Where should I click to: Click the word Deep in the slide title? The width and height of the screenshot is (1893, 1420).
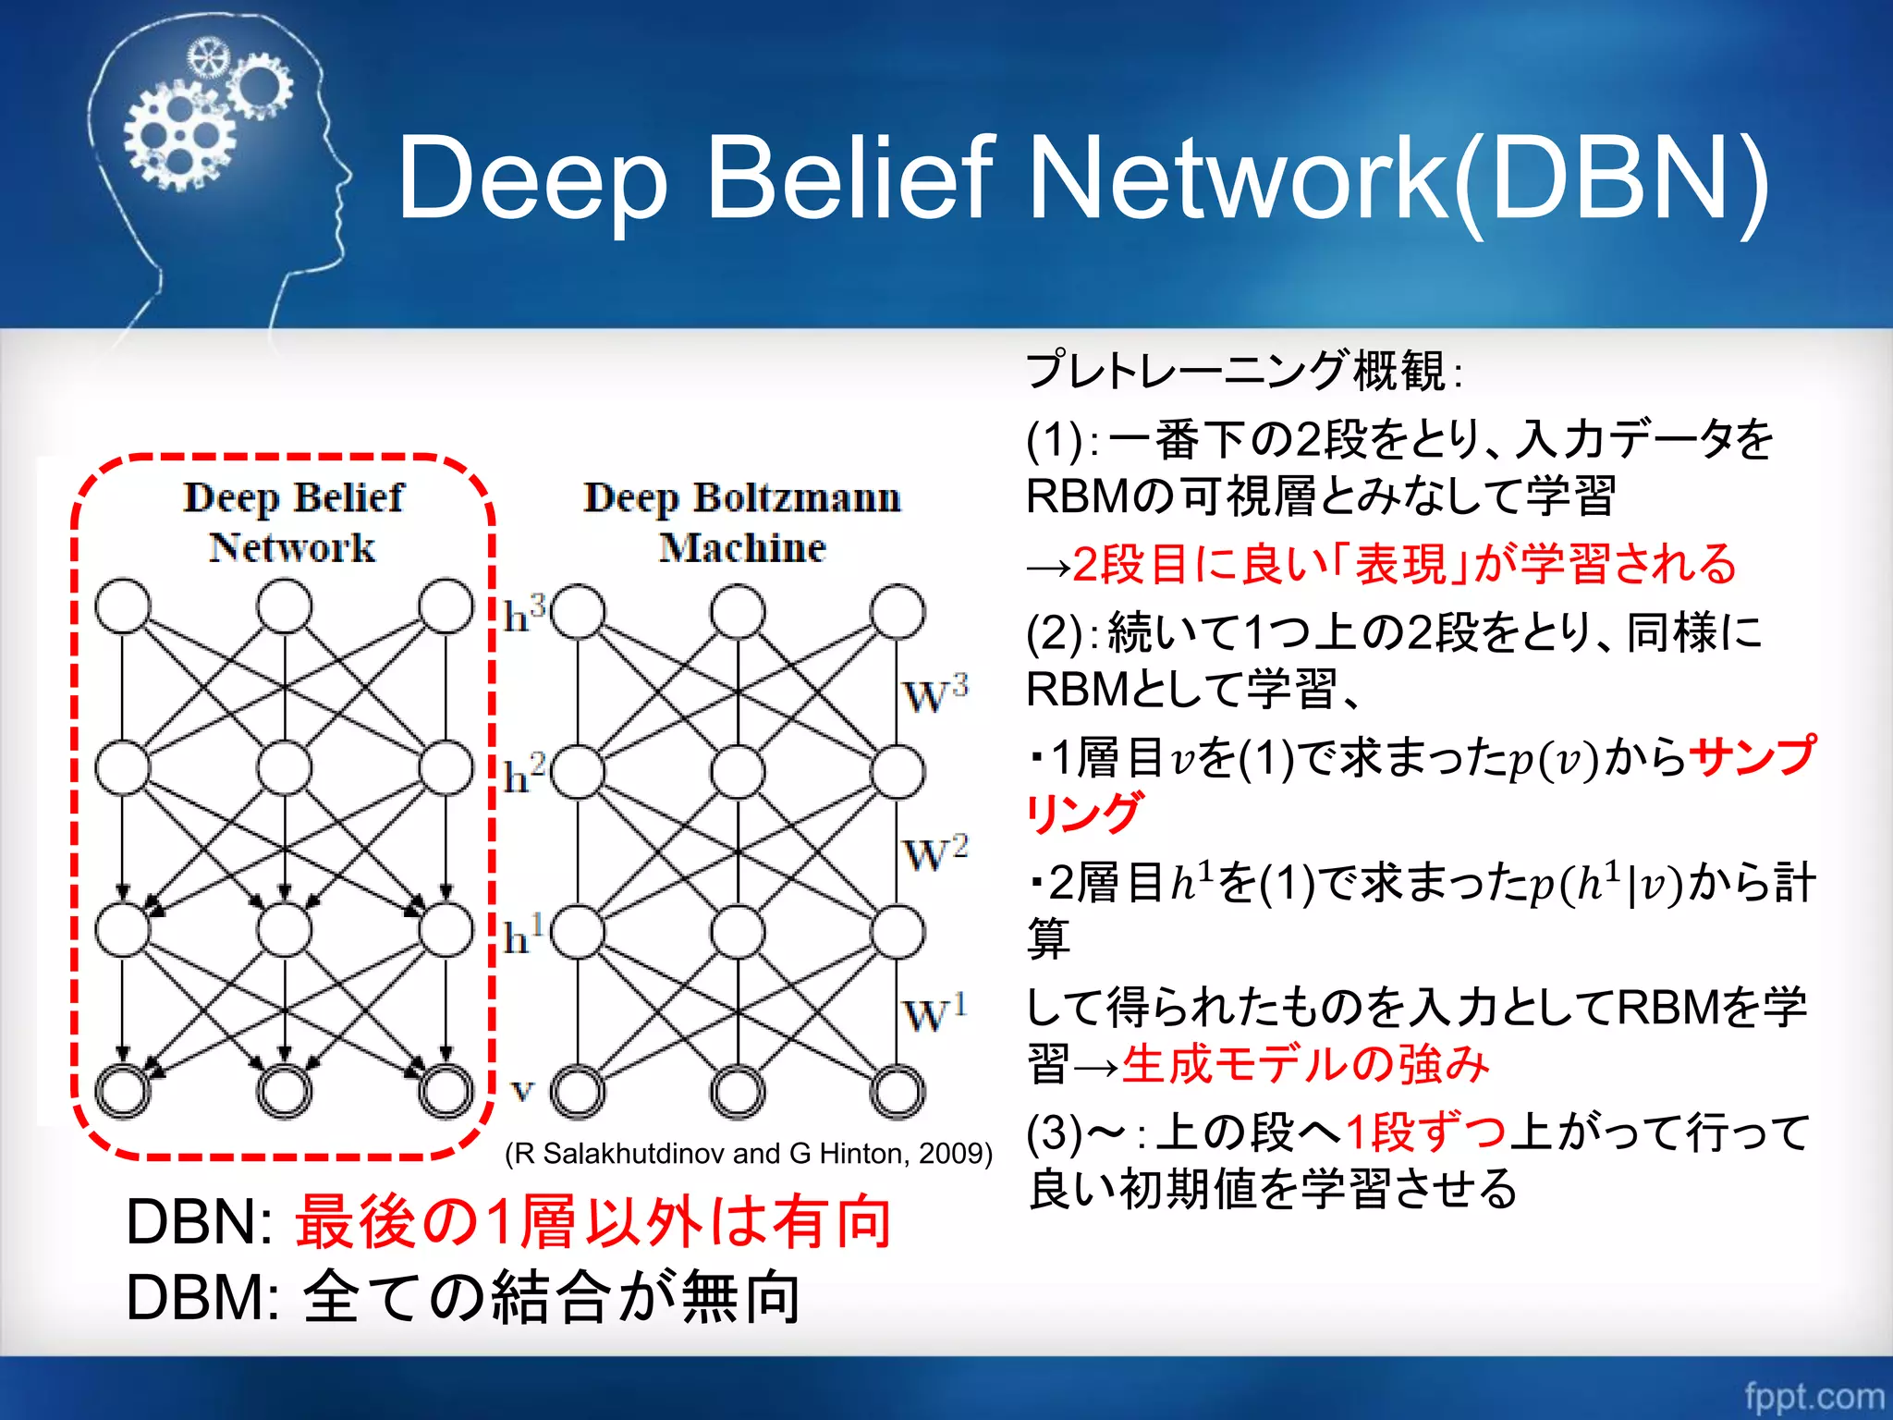tap(532, 180)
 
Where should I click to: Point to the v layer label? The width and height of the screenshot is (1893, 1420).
tap(522, 1092)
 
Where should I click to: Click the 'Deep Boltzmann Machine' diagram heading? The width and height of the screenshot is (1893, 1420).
tap(742, 522)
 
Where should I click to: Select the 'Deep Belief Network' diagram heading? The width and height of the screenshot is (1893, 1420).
tap(293, 522)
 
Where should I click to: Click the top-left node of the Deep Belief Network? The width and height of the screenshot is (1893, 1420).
tap(123, 606)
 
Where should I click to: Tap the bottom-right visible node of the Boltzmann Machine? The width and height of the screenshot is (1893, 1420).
tap(897, 1092)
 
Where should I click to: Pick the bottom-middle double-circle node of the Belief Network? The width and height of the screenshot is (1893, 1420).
tap(284, 1091)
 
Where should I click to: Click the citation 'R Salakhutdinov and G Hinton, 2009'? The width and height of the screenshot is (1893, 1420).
tap(749, 1154)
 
